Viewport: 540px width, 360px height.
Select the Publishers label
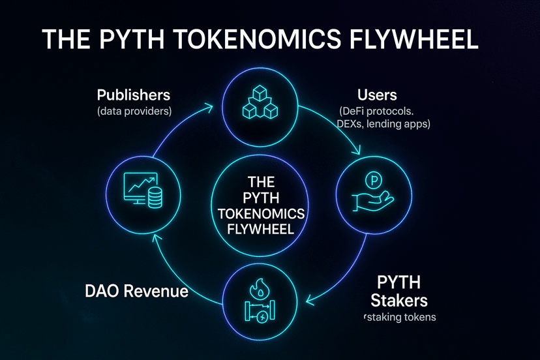click(134, 95)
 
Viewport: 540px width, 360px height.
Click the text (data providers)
click(134, 112)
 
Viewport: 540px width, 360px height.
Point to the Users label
click(377, 95)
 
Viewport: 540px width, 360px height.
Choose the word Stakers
click(399, 300)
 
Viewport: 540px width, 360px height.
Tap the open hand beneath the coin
click(372, 200)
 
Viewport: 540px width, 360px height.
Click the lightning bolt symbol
click(262, 318)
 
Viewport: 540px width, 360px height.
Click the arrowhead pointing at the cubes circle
click(211, 104)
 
